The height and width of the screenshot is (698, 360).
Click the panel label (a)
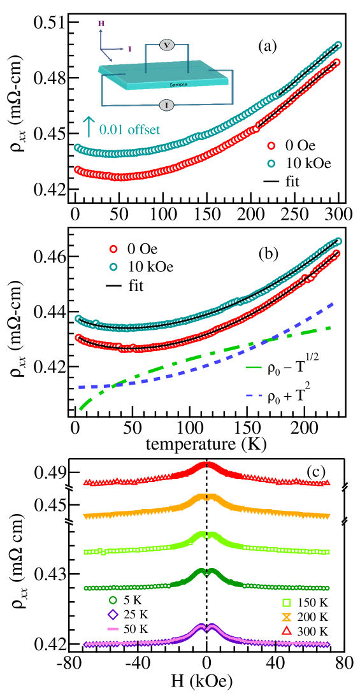[268, 46]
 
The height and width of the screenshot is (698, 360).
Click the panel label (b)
[268, 253]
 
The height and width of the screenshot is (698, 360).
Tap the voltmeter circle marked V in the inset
[167, 45]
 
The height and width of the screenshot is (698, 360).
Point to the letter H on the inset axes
[101, 24]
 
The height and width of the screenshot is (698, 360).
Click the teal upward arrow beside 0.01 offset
[89, 127]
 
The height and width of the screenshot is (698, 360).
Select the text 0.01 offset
[129, 130]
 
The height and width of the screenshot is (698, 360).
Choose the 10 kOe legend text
[305, 164]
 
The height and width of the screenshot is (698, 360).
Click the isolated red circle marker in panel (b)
[113, 249]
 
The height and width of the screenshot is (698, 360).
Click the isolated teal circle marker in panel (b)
[113, 267]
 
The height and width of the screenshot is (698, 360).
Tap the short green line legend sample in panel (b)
[254, 367]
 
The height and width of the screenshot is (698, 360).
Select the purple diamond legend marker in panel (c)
[113, 615]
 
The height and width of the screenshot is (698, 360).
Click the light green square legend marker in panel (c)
[287, 603]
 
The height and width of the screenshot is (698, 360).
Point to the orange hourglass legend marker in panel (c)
[287, 616]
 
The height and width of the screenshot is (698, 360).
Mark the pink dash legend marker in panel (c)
[113, 629]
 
